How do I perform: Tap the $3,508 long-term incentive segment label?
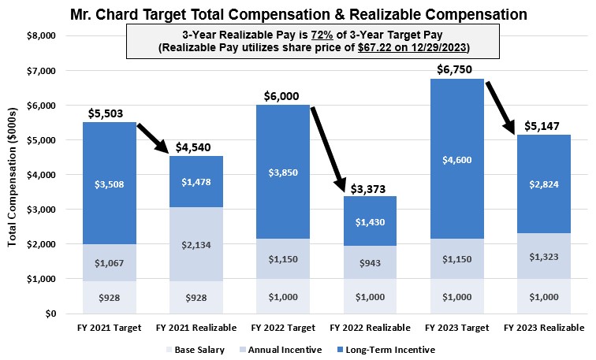pos(109,184)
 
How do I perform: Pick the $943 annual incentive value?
pos(370,262)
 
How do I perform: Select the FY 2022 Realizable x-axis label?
pos(370,328)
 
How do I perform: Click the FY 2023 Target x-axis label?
pos(457,328)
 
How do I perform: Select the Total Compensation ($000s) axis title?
pos(13,175)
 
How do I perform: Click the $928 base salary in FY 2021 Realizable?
pos(196,297)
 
